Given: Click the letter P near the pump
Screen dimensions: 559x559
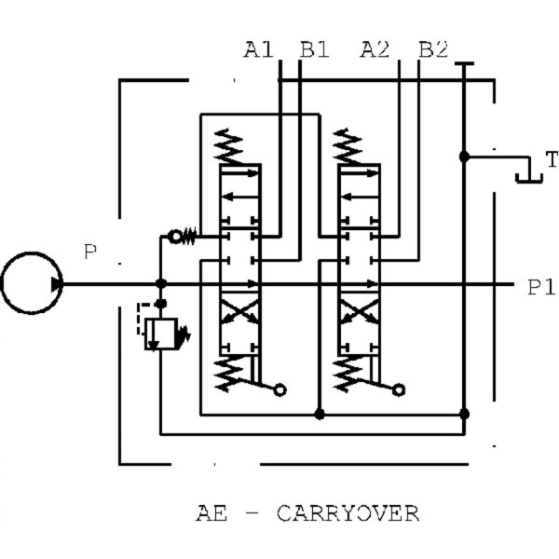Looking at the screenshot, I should click(x=90, y=252).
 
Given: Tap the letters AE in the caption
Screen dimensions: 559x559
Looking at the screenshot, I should click(x=211, y=513).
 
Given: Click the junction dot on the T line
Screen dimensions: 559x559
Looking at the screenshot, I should click(x=463, y=157).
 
